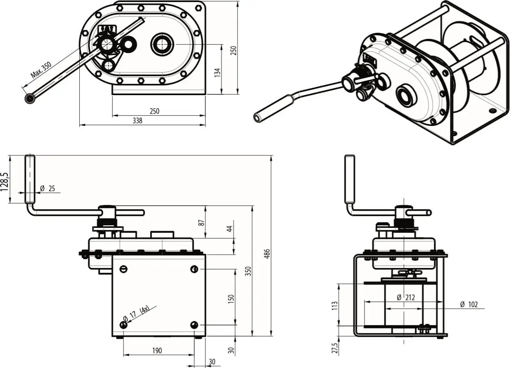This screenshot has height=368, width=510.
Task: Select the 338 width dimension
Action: click(138, 121)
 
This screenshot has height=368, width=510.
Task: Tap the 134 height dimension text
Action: click(218, 73)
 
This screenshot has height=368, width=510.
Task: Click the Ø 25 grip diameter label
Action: click(48, 188)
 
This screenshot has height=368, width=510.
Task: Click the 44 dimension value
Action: click(230, 229)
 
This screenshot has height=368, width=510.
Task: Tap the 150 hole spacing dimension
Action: click(231, 299)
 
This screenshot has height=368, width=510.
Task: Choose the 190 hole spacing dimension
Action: click(157, 350)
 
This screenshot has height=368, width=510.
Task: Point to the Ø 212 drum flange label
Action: click(406, 298)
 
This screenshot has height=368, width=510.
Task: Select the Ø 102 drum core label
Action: click(469, 304)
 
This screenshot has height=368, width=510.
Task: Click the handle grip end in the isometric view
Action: click(257, 117)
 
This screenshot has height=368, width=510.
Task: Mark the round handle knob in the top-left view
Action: click(30, 98)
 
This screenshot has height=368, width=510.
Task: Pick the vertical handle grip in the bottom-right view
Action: click(350, 179)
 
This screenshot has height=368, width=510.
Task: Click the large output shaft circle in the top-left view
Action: click(162, 44)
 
